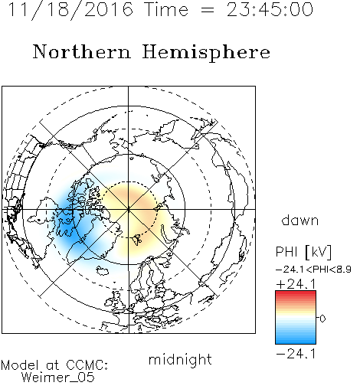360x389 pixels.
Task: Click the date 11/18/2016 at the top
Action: click(x=70, y=10)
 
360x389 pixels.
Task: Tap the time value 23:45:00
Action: click(x=270, y=10)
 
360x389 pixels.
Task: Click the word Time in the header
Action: click(x=166, y=10)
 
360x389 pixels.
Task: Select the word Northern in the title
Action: click(x=82, y=51)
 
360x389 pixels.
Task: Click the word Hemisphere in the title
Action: click(x=206, y=53)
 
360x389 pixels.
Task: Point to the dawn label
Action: click(x=300, y=220)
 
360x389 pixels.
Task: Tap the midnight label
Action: click(x=180, y=359)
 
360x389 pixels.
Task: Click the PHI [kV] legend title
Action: click(x=303, y=252)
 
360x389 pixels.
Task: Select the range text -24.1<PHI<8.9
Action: click(x=313, y=270)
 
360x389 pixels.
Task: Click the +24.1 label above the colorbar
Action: click(x=296, y=284)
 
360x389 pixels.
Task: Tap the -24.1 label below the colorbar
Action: click(x=296, y=354)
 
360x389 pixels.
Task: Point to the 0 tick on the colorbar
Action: click(x=322, y=319)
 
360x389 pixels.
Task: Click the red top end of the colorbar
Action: click(x=296, y=293)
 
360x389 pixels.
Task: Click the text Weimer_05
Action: click(x=58, y=378)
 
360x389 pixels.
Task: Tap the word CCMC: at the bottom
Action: click(x=87, y=365)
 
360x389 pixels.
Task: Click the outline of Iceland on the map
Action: click(x=103, y=271)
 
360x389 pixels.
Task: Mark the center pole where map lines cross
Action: click(x=129, y=209)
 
